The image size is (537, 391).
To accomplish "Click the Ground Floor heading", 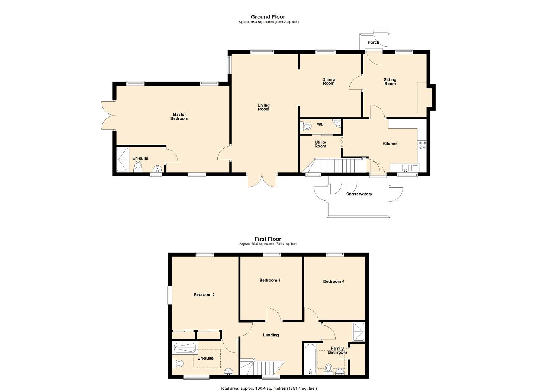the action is [x=268, y=17].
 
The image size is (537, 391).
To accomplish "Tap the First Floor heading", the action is [x=268, y=239].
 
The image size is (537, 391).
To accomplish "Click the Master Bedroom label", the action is [x=179, y=116].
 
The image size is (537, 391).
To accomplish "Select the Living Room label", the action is [x=263, y=107].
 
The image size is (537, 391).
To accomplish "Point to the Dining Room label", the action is [x=328, y=81].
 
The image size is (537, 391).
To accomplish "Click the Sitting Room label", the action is [x=390, y=81].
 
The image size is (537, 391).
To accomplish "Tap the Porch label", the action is [x=373, y=42].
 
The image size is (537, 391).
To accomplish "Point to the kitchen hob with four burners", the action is [x=422, y=145].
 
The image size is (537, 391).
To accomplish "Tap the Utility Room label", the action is [x=320, y=144].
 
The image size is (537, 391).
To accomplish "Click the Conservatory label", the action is [x=359, y=194].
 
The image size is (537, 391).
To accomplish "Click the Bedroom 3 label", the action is [x=270, y=280].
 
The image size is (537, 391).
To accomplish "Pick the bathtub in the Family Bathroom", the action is [x=310, y=360].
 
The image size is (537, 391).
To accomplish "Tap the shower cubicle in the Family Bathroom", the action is [x=358, y=332].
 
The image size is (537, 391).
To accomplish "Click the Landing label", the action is [x=271, y=335].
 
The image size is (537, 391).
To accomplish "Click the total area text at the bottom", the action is [x=268, y=381].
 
